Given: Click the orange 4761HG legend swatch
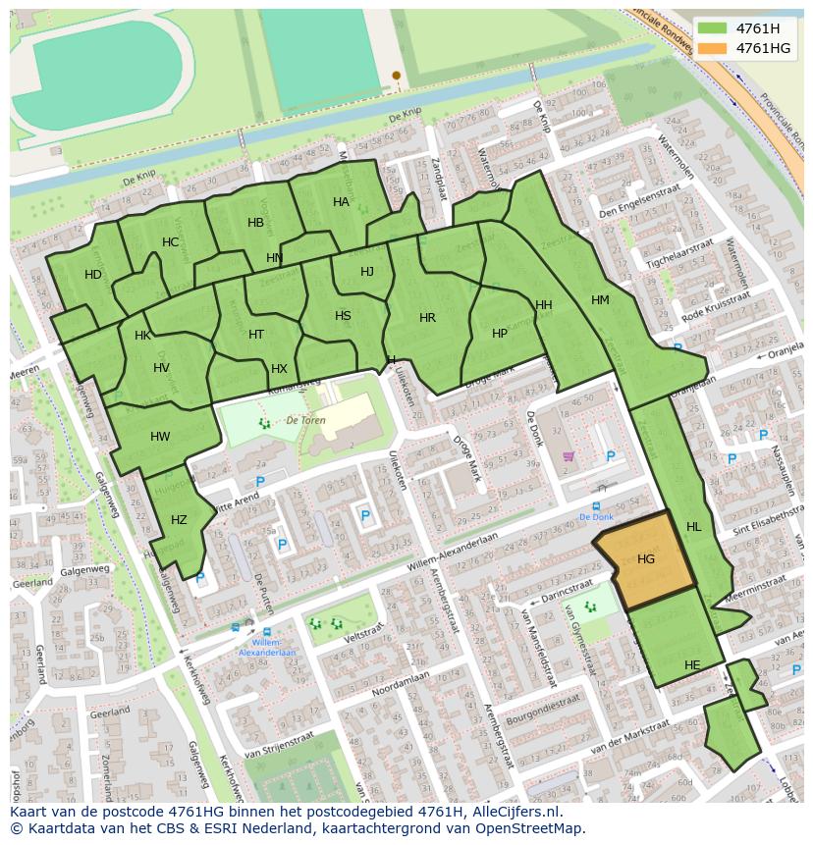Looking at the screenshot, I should point(713,48).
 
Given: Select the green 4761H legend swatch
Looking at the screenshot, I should point(713,28).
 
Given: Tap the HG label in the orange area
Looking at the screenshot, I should point(646,559).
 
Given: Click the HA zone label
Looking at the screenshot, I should point(341,202).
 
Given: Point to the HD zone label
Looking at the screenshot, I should point(93,275).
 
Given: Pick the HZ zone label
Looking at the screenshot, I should point(179,520).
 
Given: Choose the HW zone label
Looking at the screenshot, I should point(160,437).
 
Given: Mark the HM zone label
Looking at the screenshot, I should point(600,300).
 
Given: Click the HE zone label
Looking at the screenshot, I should point(692,665).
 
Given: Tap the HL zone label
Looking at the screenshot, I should point(694,527).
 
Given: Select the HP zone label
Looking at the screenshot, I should point(500,334).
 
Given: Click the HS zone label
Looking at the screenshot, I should point(343,316).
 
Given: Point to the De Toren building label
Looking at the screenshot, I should point(305,419).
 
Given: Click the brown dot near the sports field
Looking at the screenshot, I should point(397,75).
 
